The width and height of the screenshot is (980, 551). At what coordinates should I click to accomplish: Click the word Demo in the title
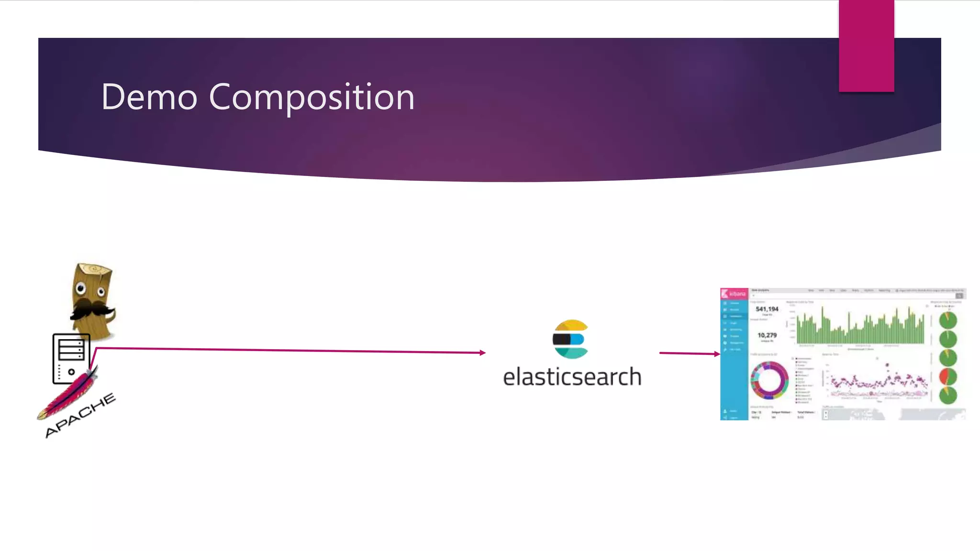149,97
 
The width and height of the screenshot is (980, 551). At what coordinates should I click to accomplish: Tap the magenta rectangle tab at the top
866,46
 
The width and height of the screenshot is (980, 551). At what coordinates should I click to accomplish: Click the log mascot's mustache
91,309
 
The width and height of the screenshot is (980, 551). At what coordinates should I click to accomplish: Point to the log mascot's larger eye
80,288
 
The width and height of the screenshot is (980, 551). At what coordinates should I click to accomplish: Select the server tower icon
71,358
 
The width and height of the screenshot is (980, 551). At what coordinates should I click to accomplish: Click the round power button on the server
71,372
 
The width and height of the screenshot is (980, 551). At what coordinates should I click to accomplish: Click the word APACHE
80,415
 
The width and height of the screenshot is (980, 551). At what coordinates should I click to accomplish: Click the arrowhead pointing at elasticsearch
482,353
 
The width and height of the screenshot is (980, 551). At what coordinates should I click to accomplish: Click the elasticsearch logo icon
570,339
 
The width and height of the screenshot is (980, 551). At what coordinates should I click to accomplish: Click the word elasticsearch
572,377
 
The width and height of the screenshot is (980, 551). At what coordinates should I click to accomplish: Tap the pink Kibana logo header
734,293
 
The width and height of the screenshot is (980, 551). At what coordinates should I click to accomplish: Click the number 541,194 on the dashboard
767,309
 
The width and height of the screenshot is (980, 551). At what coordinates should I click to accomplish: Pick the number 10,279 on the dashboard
767,335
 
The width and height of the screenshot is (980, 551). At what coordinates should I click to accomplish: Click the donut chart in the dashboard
769,381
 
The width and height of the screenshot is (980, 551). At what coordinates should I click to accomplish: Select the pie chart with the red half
948,376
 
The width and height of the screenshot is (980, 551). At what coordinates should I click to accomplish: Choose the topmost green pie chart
948,320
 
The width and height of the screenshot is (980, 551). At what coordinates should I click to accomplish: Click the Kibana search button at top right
959,296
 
